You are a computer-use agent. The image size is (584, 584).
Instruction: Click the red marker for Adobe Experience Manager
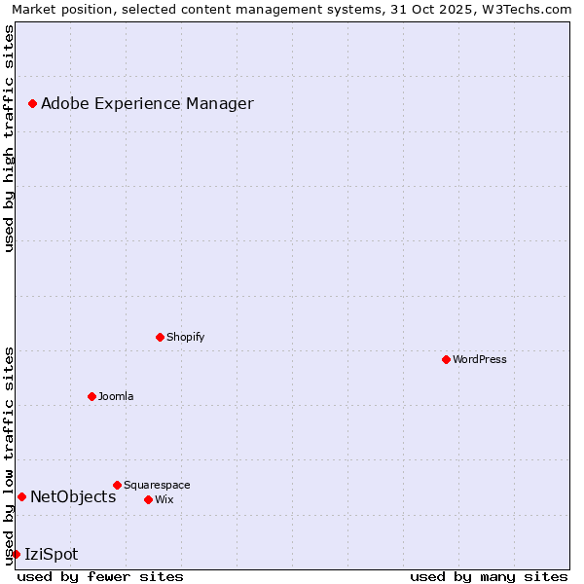coord(32,103)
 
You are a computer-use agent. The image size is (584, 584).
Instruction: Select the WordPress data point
coord(446,359)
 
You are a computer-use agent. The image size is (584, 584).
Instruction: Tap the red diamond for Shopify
coord(160,337)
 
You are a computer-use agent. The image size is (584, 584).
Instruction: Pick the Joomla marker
coord(91,396)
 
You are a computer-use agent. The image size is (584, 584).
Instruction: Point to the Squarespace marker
coord(117,485)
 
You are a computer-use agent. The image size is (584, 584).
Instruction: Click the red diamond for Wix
coord(148,499)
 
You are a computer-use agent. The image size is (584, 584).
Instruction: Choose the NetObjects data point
coord(21,496)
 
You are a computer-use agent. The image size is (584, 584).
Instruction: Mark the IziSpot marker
coord(16,554)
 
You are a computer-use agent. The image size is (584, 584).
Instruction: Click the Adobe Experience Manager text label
coord(147,103)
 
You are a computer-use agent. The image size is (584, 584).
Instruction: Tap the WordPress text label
coord(480,359)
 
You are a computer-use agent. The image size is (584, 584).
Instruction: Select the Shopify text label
coord(185,337)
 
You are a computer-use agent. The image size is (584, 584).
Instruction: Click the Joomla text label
coord(116,396)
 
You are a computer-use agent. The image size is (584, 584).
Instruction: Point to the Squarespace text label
coord(157,485)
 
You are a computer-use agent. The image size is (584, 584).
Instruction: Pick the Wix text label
coord(164,499)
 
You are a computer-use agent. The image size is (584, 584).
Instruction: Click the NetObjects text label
coord(73,496)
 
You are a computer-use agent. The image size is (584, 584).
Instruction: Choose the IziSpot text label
coord(51,554)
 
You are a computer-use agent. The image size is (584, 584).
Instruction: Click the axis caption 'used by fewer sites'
coord(100,576)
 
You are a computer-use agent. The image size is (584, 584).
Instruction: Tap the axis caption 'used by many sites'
coord(488,576)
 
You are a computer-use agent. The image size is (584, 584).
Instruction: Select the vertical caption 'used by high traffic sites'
coord(10,138)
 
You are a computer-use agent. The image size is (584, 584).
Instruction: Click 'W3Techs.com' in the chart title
coord(529,9)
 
